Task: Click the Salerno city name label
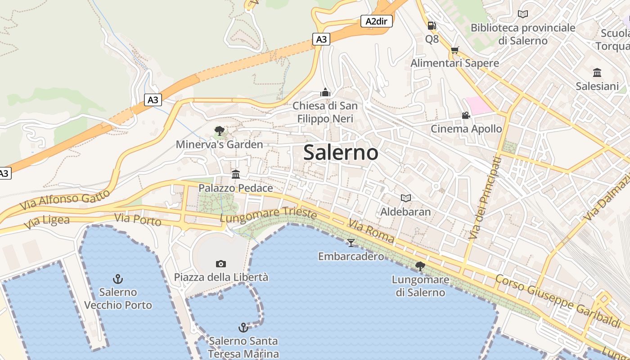pyautogui.click(x=341, y=153)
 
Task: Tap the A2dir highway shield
pyautogui.click(x=377, y=21)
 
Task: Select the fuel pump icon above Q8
pyautogui.click(x=432, y=26)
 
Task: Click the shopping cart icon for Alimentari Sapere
pyautogui.click(x=455, y=50)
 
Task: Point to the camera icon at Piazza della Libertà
pyautogui.click(x=221, y=264)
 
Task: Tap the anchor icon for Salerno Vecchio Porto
pyautogui.click(x=118, y=279)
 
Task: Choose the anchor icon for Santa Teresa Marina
pyautogui.click(x=243, y=327)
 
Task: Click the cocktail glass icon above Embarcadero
pyautogui.click(x=351, y=243)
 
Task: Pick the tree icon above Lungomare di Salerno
pyautogui.click(x=420, y=266)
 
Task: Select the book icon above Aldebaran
pyautogui.click(x=406, y=198)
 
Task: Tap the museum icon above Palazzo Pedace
pyautogui.click(x=236, y=174)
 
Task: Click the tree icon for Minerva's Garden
pyautogui.click(x=220, y=131)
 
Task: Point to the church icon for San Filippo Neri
pyautogui.click(x=325, y=92)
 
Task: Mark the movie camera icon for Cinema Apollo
pyautogui.click(x=466, y=116)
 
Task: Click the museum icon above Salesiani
pyautogui.click(x=597, y=72)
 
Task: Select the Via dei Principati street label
pyautogui.click(x=484, y=198)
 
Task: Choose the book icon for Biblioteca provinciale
pyautogui.click(x=523, y=14)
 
